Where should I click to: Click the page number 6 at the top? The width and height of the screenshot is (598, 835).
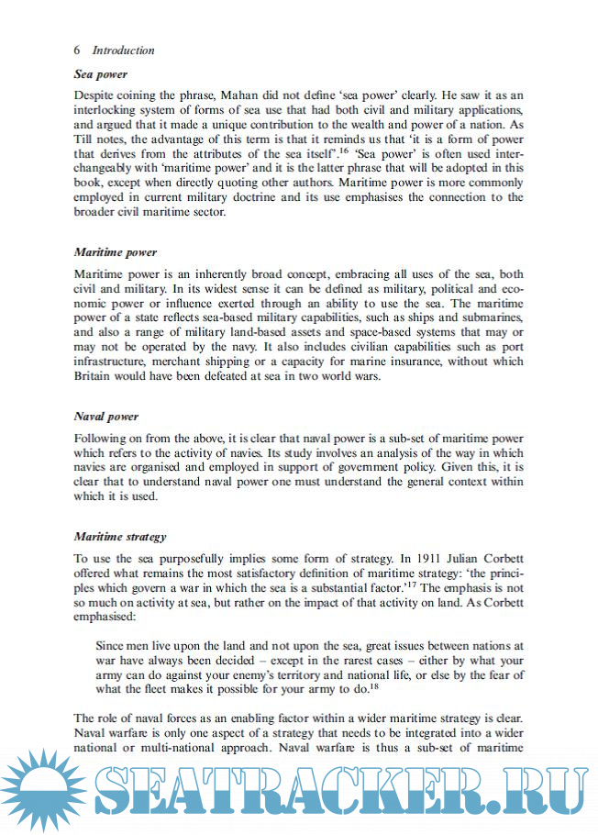[77, 50]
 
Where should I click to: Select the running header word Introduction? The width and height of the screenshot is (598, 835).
[124, 50]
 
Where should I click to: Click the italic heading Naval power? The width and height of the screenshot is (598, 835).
[105, 416]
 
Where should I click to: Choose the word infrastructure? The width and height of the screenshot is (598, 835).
[115, 361]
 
